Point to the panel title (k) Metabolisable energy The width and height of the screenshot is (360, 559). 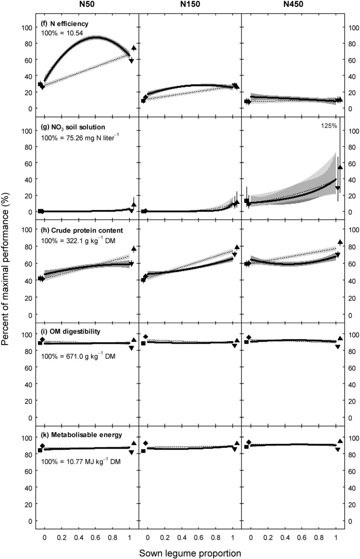(78, 435)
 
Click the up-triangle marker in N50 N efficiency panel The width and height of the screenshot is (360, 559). (134, 49)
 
